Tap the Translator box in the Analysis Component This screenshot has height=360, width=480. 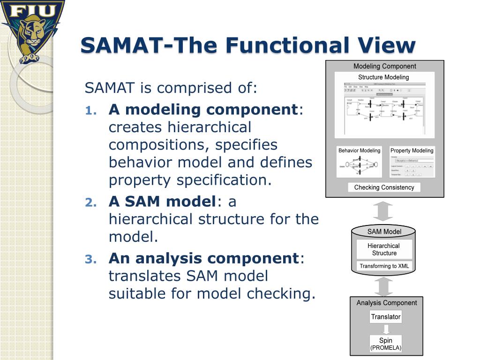tap(386, 317)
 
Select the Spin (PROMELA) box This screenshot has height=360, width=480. tap(386, 344)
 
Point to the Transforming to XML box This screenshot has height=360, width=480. tap(384, 266)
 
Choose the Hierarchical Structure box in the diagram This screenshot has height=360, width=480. tap(384, 249)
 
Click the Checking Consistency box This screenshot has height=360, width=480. tap(384, 187)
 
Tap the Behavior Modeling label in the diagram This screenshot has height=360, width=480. tap(360, 150)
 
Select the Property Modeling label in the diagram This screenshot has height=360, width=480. tap(412, 150)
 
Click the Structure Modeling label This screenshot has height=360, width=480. tap(383, 77)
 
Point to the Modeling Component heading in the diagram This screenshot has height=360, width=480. tap(384, 67)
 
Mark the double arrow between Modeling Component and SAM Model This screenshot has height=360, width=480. tap(384, 211)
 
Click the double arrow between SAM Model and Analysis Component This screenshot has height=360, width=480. tap(384, 286)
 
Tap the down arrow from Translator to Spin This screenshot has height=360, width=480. tap(385, 329)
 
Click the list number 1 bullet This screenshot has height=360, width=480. tap(90, 111)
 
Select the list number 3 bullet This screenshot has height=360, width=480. tap(90, 259)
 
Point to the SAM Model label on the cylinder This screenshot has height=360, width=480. tap(384, 232)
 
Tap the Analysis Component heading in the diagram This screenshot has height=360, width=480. tap(386, 303)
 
